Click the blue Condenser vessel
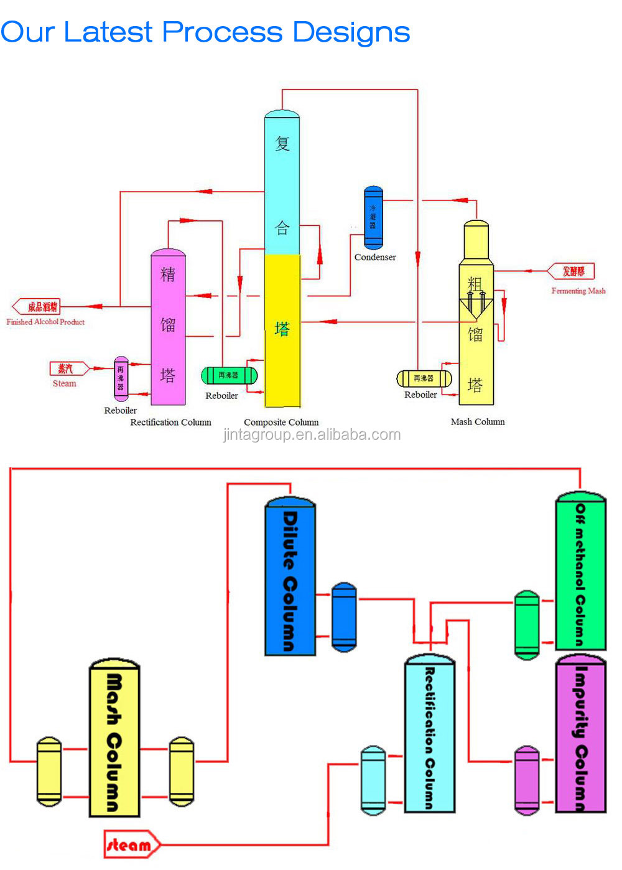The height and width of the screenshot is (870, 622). click(x=373, y=217)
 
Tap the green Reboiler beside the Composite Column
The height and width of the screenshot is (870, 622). click(x=229, y=376)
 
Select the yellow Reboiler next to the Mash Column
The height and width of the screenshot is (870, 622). click(x=424, y=378)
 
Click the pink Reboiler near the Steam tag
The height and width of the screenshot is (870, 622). click(x=121, y=378)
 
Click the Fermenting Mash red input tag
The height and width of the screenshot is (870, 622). click(x=572, y=271)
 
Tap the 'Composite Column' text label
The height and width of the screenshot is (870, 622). click(x=281, y=422)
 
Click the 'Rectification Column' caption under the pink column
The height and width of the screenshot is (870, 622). click(x=170, y=422)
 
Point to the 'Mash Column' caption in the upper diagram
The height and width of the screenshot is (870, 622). click(x=478, y=421)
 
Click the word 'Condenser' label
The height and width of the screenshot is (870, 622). click(x=375, y=257)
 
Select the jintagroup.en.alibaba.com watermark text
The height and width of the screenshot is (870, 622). click(x=312, y=434)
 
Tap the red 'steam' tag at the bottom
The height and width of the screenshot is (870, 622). click(x=131, y=844)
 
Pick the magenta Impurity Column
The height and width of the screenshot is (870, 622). click(x=580, y=734)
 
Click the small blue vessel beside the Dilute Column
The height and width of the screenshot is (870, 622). click(x=344, y=617)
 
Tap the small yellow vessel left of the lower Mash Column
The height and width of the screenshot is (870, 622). click(x=49, y=771)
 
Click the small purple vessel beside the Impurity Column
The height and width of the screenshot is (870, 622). click(x=527, y=780)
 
